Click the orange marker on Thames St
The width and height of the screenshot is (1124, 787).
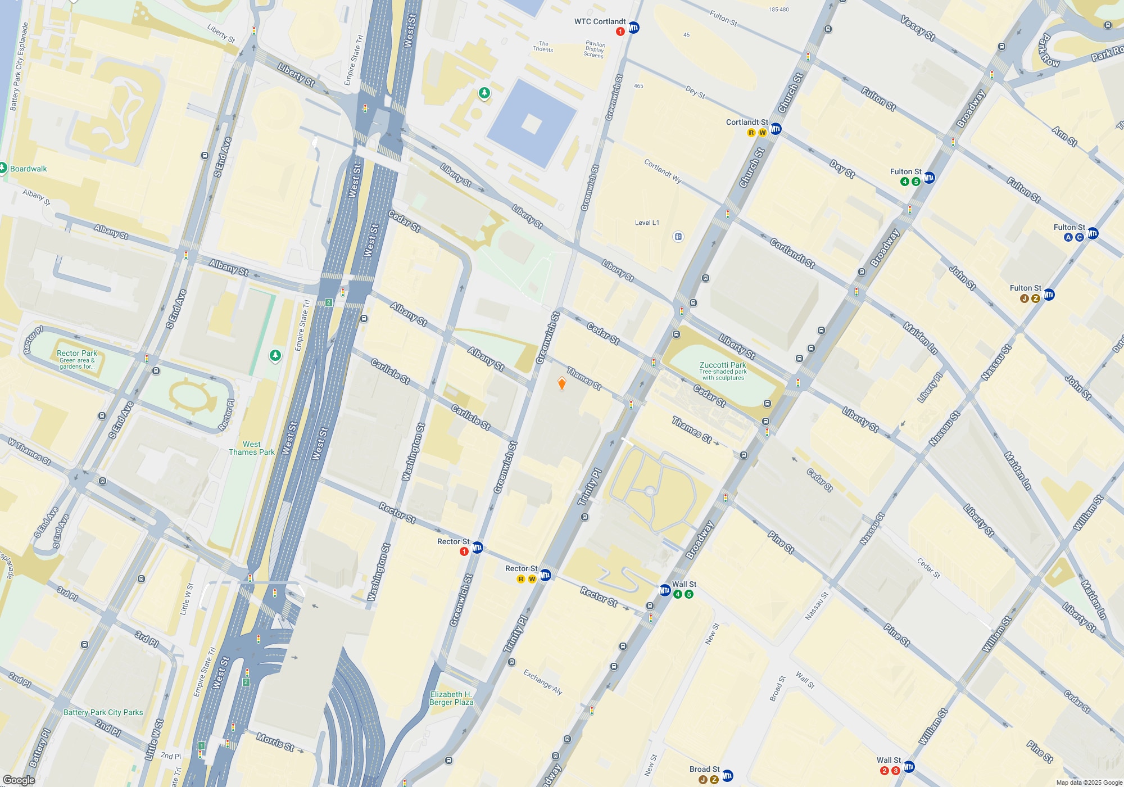[561, 383]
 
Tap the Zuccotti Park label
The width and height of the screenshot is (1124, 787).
[723, 365]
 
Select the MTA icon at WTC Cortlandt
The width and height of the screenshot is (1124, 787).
[633, 28]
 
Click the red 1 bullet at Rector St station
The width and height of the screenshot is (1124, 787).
[464, 551]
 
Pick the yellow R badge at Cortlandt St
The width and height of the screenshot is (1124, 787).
[751, 133]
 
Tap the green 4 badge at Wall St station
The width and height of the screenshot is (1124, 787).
[678, 594]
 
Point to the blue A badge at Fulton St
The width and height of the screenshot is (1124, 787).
[1068, 237]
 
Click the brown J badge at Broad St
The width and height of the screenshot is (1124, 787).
[703, 780]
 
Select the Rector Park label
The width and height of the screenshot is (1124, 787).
[77, 353]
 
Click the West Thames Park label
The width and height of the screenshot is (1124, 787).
[252, 448]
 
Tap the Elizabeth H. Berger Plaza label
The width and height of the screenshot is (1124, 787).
[451, 698]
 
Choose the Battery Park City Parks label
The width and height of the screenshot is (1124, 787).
[103, 712]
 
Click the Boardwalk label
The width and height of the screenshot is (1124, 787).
[28, 169]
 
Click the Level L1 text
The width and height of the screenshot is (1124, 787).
[647, 223]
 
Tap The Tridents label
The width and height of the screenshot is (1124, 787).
[543, 46]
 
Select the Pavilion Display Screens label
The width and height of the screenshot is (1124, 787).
[594, 49]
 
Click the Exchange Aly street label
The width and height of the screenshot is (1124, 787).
[542, 682]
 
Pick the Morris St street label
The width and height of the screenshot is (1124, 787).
[275, 742]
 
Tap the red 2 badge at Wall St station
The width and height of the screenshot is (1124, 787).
[885, 771]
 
